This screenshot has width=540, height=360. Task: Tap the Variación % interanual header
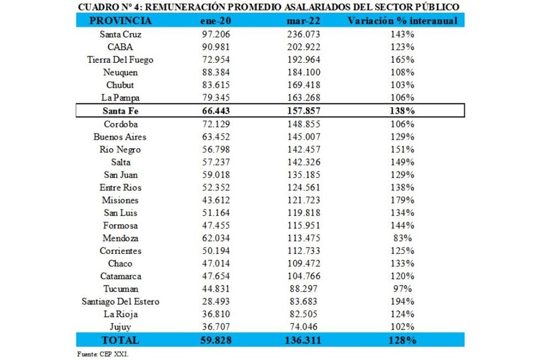(402, 21)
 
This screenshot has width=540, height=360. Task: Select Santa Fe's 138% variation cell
(402, 110)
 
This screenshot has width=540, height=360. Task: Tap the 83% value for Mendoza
(402, 238)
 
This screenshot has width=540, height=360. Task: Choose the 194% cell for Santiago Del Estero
(402, 302)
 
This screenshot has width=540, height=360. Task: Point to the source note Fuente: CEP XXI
(99, 354)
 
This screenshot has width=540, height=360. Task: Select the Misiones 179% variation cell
(402, 200)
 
